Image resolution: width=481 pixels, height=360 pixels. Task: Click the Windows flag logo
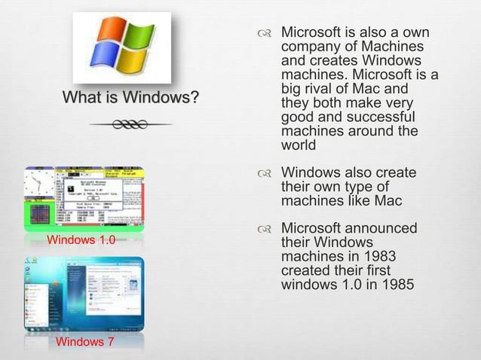click(121, 47)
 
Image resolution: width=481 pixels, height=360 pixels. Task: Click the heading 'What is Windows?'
click(131, 98)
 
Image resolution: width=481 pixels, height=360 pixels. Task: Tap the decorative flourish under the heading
click(131, 124)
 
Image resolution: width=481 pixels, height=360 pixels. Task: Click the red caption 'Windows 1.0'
click(81, 240)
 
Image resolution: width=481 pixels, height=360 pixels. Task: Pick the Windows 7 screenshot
click(83, 294)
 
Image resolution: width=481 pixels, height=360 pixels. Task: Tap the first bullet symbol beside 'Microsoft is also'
click(263, 34)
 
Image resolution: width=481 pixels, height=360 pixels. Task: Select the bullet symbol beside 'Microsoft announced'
click(263, 229)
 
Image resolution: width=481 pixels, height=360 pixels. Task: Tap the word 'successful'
click(380, 118)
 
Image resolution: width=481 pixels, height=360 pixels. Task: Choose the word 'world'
click(299, 145)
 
